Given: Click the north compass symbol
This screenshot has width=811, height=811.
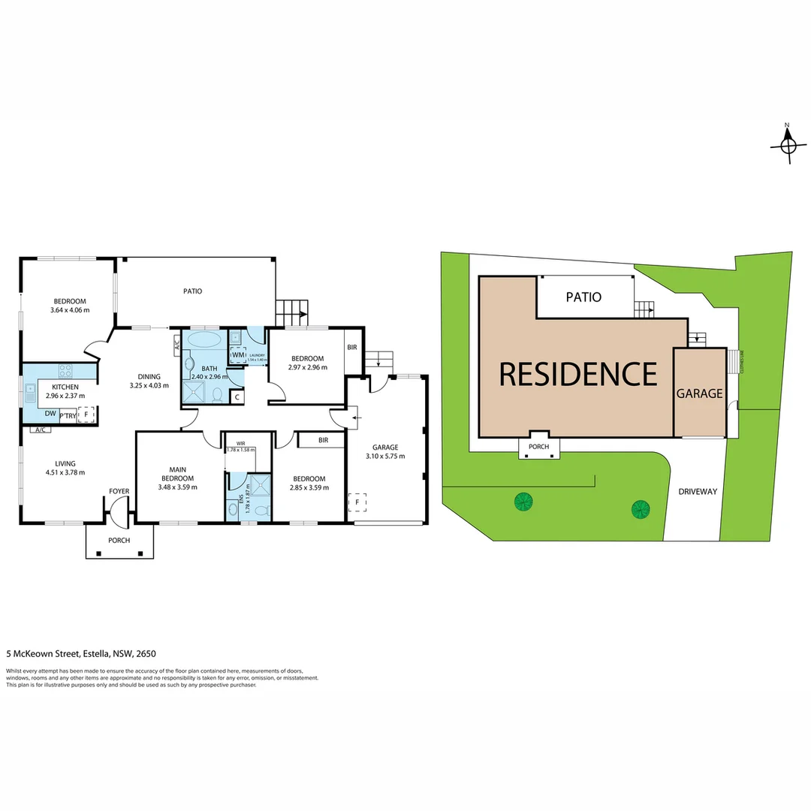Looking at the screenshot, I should (x=788, y=142).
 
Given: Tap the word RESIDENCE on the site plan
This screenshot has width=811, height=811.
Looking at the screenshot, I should (x=577, y=374).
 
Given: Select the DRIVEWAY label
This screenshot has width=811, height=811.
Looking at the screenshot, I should (x=698, y=492).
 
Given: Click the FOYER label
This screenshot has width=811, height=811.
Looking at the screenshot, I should (x=119, y=492).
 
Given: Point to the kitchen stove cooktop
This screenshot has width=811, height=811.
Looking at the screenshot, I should (x=65, y=370).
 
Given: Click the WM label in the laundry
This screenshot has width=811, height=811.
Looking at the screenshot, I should (x=238, y=355).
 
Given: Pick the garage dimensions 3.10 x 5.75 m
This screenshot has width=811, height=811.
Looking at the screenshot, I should (x=385, y=456).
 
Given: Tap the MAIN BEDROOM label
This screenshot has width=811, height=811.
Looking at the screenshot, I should (x=177, y=475).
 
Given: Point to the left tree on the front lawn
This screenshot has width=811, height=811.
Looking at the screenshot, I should (x=522, y=501).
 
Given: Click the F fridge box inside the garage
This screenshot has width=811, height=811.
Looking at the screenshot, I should (x=357, y=502).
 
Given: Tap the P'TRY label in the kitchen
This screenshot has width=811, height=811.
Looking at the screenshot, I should (x=67, y=415).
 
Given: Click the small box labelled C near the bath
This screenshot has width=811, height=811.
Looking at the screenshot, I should (x=237, y=397).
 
